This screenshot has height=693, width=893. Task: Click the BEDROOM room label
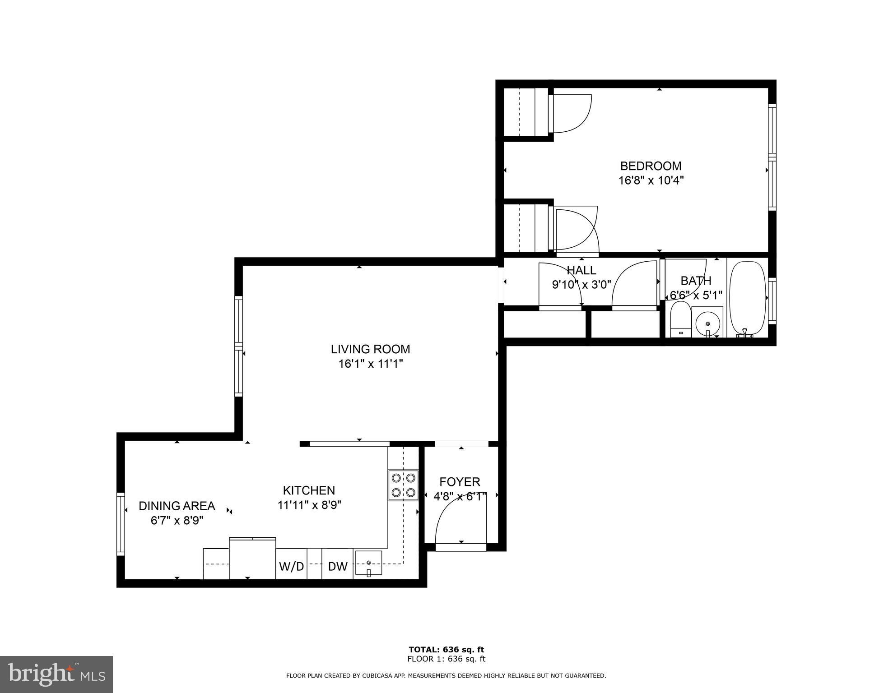pyautogui.click(x=651, y=166)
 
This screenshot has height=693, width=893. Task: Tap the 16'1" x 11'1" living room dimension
pyautogui.click(x=370, y=364)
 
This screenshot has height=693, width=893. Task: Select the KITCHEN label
pyautogui.click(x=309, y=490)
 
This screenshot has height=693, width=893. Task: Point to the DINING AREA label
pyautogui.click(x=177, y=506)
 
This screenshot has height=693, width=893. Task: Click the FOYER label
pyautogui.click(x=460, y=482)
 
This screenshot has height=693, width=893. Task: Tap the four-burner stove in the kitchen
pyautogui.click(x=403, y=485)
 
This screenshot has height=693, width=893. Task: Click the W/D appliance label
pyautogui.click(x=291, y=567)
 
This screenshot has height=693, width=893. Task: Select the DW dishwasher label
pyautogui.click(x=337, y=567)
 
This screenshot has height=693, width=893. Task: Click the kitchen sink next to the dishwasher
pyautogui.click(x=368, y=563)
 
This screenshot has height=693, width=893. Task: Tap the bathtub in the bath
pyautogui.click(x=747, y=299)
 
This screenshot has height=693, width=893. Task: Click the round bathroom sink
pyautogui.click(x=707, y=323)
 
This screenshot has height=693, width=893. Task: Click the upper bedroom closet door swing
pyautogui.click(x=571, y=114)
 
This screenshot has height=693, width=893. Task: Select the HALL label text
pyautogui.click(x=581, y=270)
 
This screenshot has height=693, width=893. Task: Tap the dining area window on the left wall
pyautogui.click(x=121, y=524)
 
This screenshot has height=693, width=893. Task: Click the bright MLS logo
pyautogui.click(x=56, y=674)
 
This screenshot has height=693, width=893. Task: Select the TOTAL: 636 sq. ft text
pyautogui.click(x=446, y=650)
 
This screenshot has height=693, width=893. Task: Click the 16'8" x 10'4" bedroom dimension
pyautogui.click(x=651, y=181)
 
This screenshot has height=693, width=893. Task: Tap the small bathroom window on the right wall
pyautogui.click(x=772, y=300)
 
